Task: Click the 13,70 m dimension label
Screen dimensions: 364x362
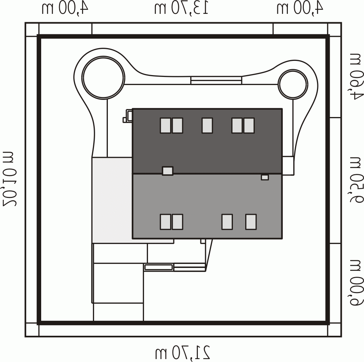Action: pos(181,9)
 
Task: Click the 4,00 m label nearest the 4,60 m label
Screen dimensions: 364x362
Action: pos(300,9)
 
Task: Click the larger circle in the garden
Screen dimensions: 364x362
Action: pos(104,77)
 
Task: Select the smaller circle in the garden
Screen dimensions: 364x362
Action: pos(293,84)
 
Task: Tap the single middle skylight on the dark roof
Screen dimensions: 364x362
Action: pos(207,125)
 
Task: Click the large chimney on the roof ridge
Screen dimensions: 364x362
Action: pos(168,171)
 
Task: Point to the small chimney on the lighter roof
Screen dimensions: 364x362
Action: pos(265,177)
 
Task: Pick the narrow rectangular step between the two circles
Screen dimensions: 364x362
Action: pos(216,80)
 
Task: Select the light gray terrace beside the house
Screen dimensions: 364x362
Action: pos(112,200)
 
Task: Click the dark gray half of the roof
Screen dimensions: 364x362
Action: pos(207,141)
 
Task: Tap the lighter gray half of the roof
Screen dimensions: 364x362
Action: pos(207,206)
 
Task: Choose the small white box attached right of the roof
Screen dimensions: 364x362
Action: pos(288,166)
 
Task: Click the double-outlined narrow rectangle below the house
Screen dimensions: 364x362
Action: pos(159,267)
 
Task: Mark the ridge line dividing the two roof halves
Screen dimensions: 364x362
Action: pos(207,174)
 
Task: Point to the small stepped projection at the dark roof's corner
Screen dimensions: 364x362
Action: pos(128,116)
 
